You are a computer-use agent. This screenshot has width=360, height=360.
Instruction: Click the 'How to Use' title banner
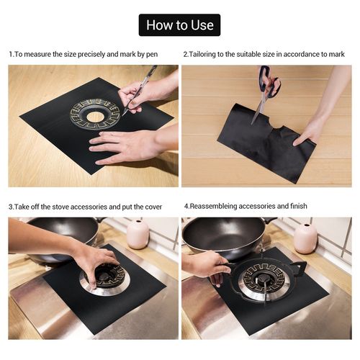[179, 25]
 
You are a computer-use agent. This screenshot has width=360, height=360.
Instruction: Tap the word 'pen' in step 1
[152, 54]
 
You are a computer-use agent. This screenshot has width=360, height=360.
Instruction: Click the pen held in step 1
[139, 90]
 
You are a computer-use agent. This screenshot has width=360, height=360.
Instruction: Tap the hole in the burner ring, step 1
[95, 117]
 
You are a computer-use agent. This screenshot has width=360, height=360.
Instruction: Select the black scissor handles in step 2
[269, 81]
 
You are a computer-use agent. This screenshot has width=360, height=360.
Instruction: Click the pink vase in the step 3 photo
[138, 234]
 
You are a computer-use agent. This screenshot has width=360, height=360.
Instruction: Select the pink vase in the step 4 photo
[305, 238]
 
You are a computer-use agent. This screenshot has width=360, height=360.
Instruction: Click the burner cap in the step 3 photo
[105, 276]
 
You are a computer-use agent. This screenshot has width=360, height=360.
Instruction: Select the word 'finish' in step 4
[299, 206]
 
